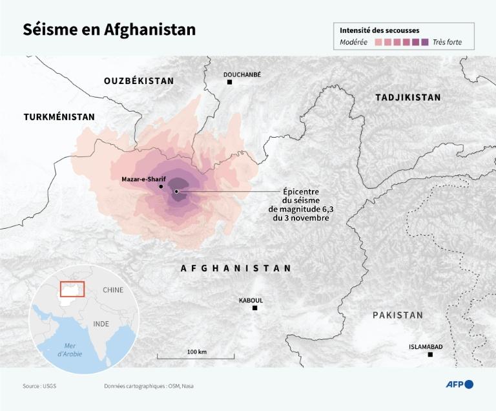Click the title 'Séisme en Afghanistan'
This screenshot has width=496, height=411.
click(109, 30)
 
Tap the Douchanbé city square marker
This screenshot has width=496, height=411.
click(229, 83)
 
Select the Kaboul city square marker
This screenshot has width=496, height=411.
click(255, 308)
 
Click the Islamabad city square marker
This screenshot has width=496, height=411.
click(431, 355)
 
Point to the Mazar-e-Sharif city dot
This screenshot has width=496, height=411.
click(161, 186)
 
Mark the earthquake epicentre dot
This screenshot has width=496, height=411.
click(176, 191)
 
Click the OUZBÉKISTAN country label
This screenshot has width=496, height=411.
click(139, 81)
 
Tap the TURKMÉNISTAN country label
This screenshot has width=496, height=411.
click(59, 117)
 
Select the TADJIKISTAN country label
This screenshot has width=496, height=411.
click(408, 98)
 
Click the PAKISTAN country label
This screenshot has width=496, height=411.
click(397, 315)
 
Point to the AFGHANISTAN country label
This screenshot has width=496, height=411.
click(236, 268)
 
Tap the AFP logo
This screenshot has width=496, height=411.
click(459, 385)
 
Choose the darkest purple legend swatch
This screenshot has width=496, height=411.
click(424, 43)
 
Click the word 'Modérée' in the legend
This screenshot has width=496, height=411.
click(353, 43)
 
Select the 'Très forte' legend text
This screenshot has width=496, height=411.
click(448, 43)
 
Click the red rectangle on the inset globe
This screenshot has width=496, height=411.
click(72, 288)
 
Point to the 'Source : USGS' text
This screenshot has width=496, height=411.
click(40, 386)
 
